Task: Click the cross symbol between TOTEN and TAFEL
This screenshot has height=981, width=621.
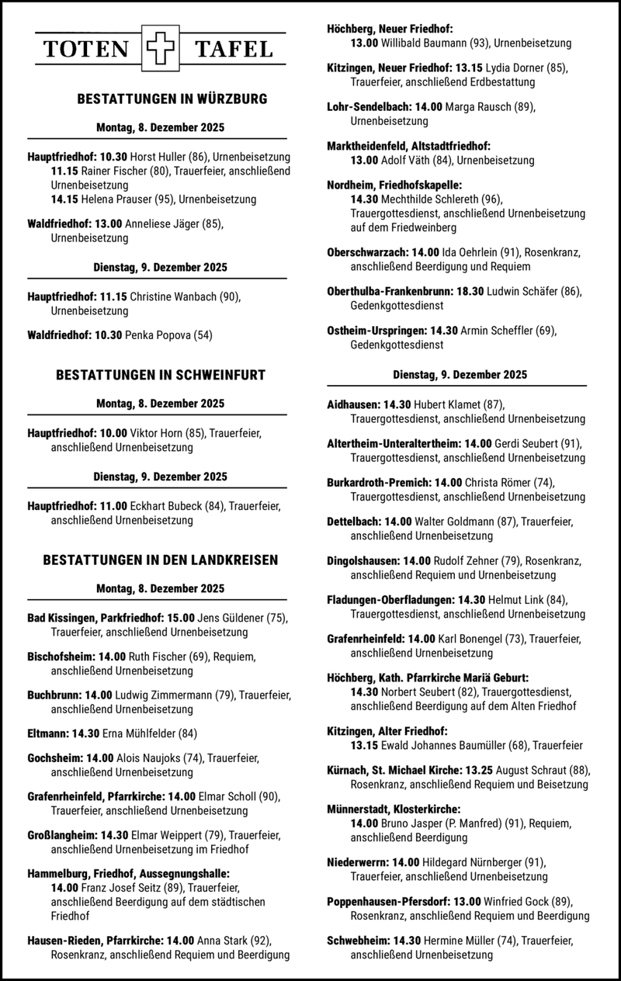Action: click(x=161, y=50)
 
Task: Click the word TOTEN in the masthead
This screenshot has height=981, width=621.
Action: click(x=86, y=50)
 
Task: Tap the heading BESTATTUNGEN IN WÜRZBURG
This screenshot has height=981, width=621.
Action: click(x=161, y=99)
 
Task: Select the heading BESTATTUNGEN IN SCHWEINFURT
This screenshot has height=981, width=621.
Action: click(x=161, y=376)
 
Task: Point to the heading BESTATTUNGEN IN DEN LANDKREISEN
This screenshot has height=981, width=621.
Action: click(x=161, y=560)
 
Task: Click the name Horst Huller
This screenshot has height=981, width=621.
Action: click(x=158, y=156)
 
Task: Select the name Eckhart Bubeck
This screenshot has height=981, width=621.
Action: click(x=165, y=506)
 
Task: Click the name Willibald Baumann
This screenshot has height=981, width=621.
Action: click(x=425, y=43)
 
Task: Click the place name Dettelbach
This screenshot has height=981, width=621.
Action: click(x=353, y=522)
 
